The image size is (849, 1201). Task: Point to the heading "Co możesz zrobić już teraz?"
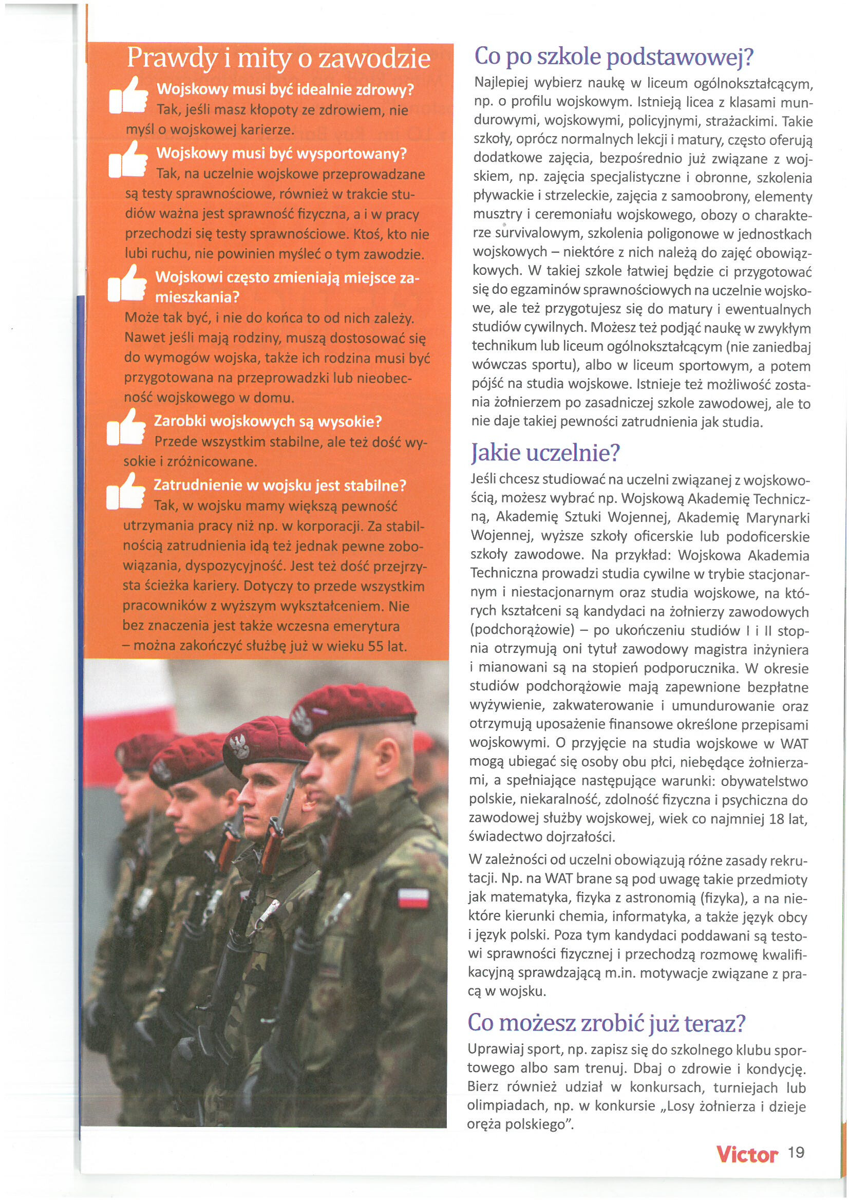pyautogui.click(x=606, y=1023)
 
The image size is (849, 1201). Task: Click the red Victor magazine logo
pyautogui.click(x=747, y=1153)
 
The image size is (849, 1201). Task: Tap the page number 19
pyautogui.click(x=796, y=1152)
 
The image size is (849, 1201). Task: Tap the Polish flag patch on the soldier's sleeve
pyautogui.click(x=414, y=896)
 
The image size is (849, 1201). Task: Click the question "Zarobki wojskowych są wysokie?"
pyautogui.click(x=267, y=421)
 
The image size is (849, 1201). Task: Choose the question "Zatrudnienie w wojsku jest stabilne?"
pyautogui.click(x=279, y=485)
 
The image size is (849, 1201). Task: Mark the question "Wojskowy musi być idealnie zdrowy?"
pyautogui.click(x=286, y=89)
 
